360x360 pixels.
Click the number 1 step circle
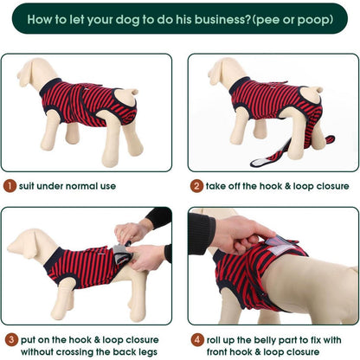(10, 186)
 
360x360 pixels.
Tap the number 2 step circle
(196, 186)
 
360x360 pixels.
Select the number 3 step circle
(11, 339)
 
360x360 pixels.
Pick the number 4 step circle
(197, 339)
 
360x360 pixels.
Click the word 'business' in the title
(222, 20)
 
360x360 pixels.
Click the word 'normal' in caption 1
(78, 186)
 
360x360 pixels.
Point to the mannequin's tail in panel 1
(132, 92)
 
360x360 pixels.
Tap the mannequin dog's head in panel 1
(30, 72)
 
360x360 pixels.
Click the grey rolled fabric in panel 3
(120, 253)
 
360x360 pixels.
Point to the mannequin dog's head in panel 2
(221, 71)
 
